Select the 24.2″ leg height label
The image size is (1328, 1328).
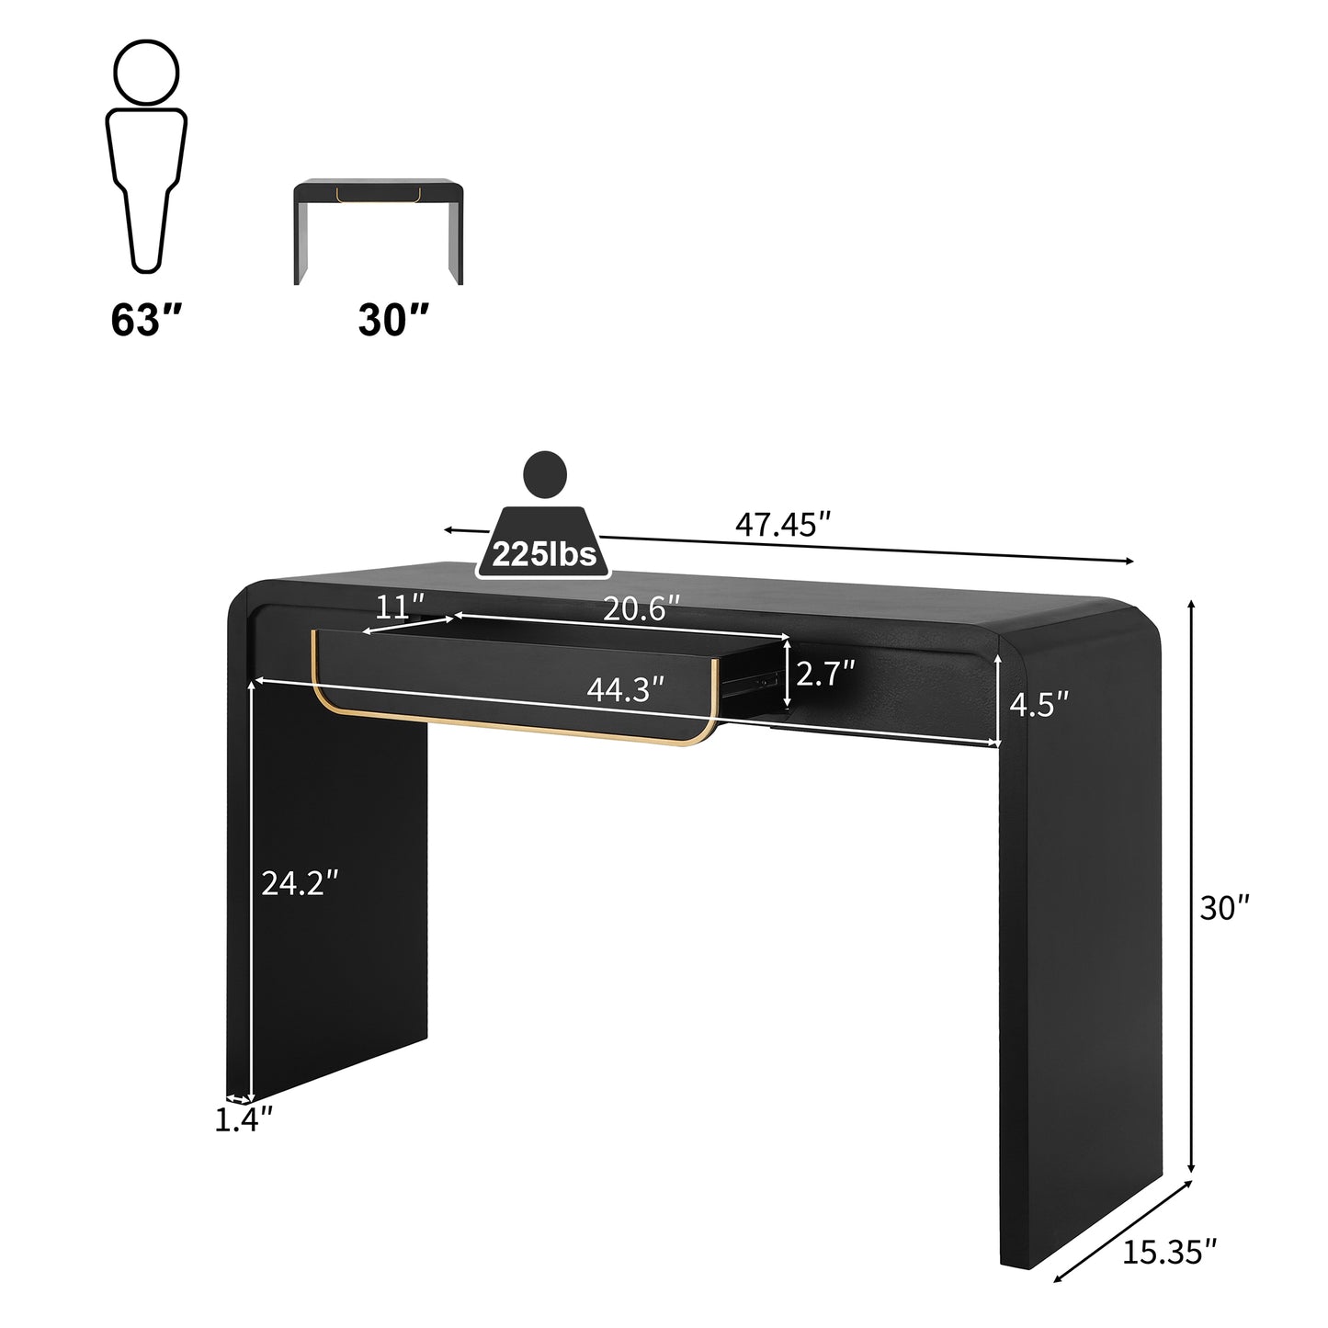tap(300, 883)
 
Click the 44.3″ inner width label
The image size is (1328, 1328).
tap(626, 689)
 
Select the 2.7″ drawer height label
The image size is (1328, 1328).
tap(825, 674)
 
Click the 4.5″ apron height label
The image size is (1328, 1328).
tap(1039, 704)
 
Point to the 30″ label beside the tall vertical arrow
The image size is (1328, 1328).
tap(1225, 908)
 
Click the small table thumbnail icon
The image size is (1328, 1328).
tap(378, 231)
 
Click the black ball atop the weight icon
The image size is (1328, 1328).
tap(544, 474)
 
